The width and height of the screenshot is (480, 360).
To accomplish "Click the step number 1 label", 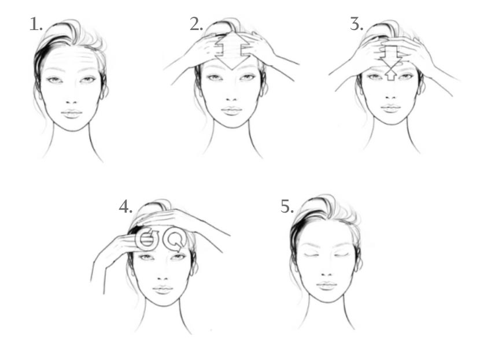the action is click(x=36, y=24).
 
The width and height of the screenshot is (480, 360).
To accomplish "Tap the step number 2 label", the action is click(x=196, y=24).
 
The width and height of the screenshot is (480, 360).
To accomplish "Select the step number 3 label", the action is click(x=357, y=24).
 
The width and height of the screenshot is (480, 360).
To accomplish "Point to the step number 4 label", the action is click(x=126, y=206).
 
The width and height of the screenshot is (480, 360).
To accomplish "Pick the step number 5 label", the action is click(x=287, y=206).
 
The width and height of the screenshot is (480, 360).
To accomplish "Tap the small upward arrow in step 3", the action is click(x=390, y=75).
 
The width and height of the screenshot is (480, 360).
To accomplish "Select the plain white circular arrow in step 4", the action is click(x=175, y=239).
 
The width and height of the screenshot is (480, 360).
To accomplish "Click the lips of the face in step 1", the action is click(x=72, y=113).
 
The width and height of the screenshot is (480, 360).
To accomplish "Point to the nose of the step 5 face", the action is click(x=327, y=274).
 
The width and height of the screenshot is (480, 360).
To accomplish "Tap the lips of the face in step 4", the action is click(x=163, y=289).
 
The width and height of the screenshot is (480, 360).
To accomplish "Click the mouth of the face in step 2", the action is click(x=232, y=110).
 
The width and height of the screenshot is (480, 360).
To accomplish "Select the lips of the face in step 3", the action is click(x=390, y=108).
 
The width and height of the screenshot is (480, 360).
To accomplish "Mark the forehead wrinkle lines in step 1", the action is click(x=72, y=59).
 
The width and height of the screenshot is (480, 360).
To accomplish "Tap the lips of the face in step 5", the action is click(x=327, y=285).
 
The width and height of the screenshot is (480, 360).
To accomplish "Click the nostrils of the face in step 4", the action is click(x=163, y=279).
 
